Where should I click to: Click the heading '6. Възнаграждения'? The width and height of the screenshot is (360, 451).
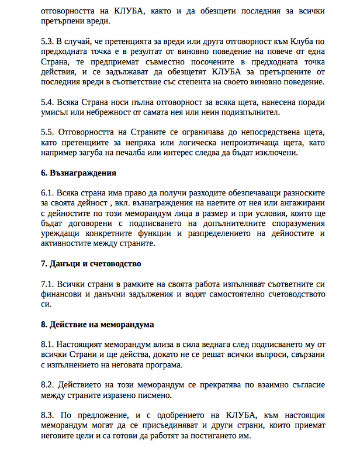click(78, 173)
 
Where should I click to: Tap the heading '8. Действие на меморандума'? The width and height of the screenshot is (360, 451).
click(98, 323)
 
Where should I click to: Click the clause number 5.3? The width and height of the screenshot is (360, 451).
click(48, 42)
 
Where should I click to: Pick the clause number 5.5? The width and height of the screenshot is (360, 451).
click(48, 132)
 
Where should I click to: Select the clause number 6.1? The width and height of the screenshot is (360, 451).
click(48, 192)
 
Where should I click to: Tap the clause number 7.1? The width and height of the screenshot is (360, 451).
click(48, 283)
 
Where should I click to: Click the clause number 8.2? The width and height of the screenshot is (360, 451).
click(48, 386)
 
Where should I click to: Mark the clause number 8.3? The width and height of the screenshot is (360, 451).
click(48, 416)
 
